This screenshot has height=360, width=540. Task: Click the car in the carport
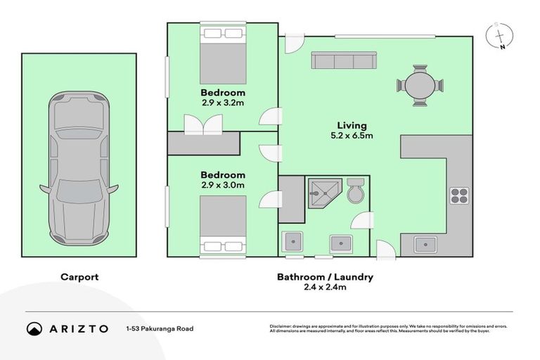click(79, 169)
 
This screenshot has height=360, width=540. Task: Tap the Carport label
click(79, 277)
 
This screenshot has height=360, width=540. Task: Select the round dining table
click(420, 86)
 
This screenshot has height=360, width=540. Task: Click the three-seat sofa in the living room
click(344, 60)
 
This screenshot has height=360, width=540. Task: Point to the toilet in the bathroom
click(355, 191)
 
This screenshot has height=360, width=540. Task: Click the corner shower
click(324, 193)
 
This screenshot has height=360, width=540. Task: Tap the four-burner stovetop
click(459, 196)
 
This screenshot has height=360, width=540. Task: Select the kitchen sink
click(425, 245)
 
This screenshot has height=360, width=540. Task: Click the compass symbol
click(500, 36)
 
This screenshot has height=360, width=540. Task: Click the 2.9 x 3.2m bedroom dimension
click(223, 103)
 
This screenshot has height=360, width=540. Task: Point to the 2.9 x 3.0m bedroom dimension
click(223, 185)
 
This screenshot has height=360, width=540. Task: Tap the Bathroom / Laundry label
click(325, 277)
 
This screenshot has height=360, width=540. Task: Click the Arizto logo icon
click(34, 328)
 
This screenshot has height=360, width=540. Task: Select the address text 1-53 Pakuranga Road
click(160, 328)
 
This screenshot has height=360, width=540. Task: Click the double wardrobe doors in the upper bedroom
click(203, 124)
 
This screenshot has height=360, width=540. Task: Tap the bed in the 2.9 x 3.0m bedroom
click(223, 226)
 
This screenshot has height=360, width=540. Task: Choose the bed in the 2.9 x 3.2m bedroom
click(223, 55)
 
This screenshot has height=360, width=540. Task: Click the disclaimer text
click(388, 328)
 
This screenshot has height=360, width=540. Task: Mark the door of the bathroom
click(362, 220)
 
